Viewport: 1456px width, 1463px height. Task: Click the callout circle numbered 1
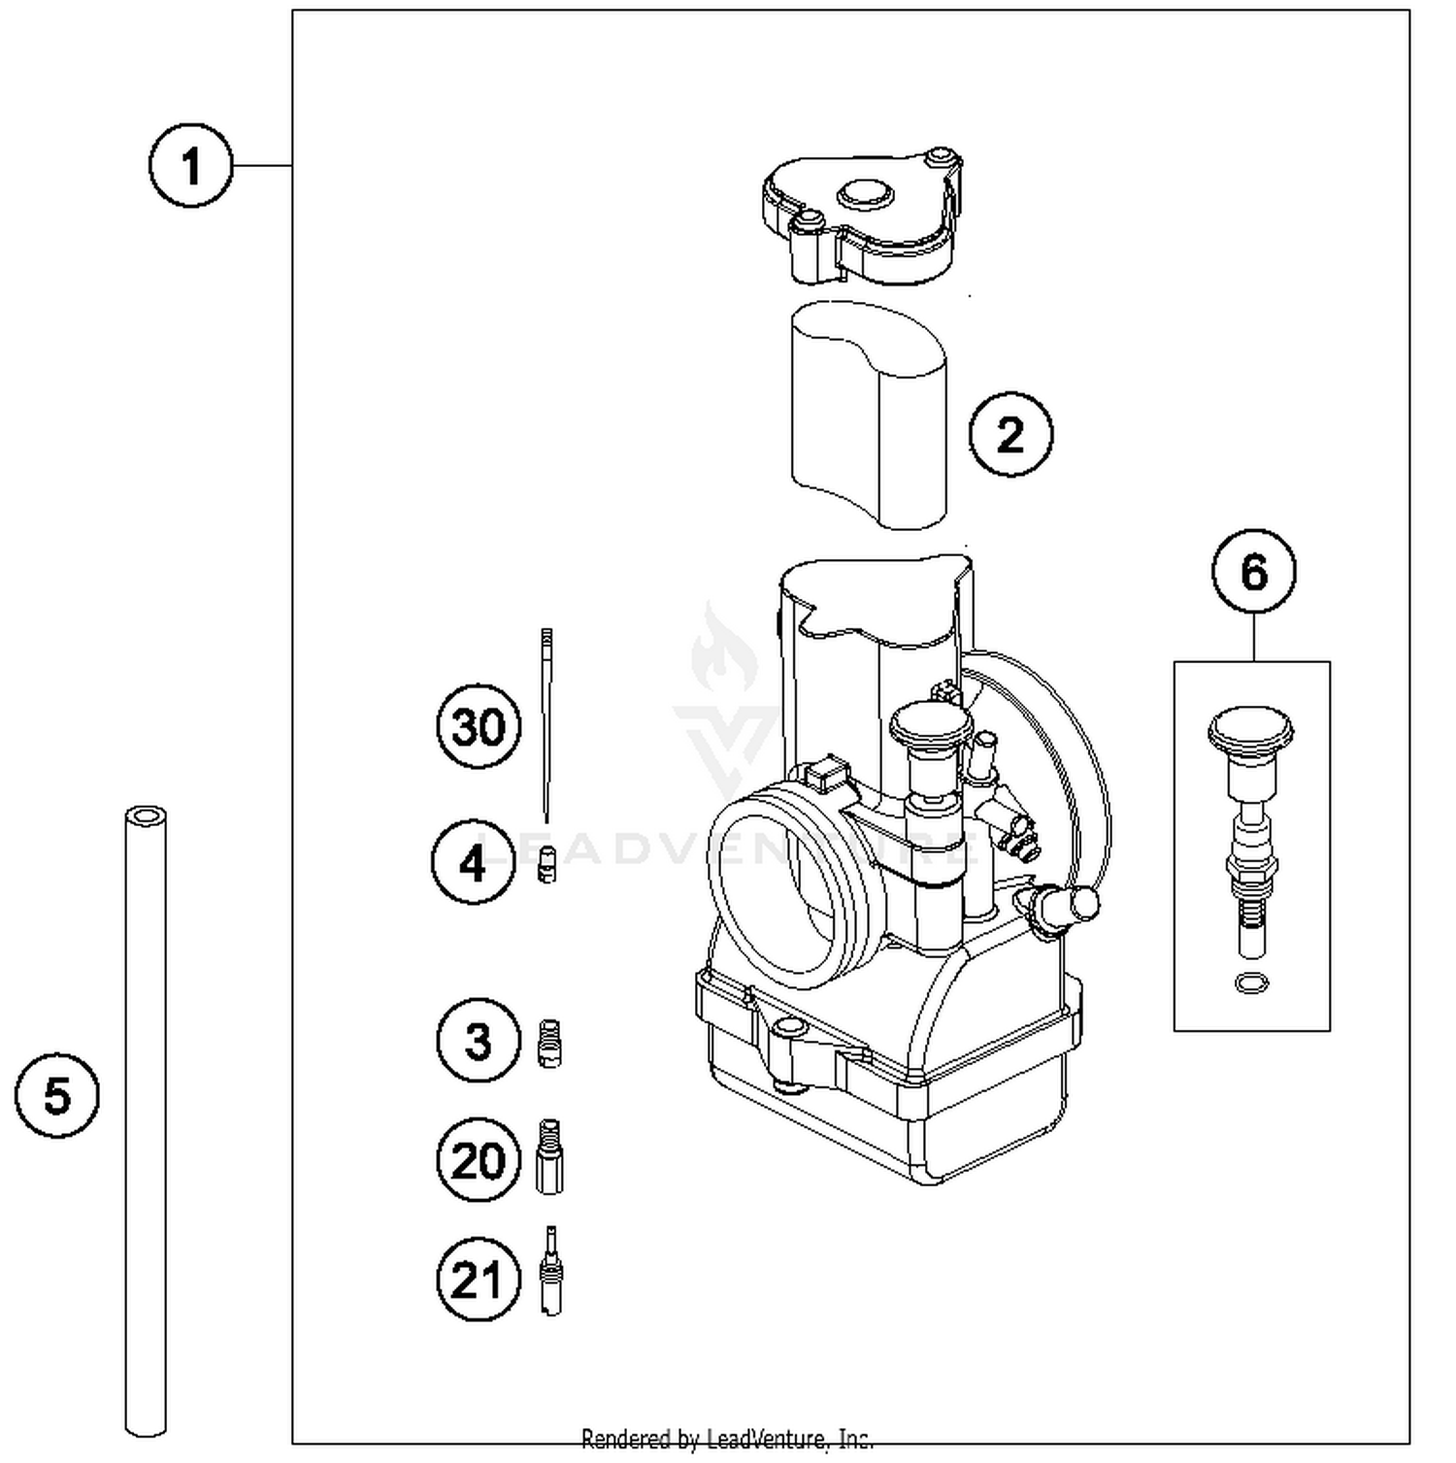[x=191, y=165]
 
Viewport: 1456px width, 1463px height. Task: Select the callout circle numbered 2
[x=1010, y=434]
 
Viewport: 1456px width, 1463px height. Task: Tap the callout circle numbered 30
[x=479, y=726]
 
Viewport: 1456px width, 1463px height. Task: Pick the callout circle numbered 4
[x=473, y=862]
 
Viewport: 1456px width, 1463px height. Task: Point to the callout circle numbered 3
[x=479, y=1041]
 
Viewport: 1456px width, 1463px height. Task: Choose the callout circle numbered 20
[x=479, y=1160]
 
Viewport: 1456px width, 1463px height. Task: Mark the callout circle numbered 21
[x=479, y=1280]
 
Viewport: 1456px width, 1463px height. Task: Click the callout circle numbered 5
[x=57, y=1096]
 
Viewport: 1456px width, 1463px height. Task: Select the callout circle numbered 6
[x=1253, y=572]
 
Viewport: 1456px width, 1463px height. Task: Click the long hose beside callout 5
[x=146, y=1116]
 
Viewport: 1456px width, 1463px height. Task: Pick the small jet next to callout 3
[x=549, y=1044]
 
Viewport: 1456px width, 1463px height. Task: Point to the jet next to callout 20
[x=549, y=1157]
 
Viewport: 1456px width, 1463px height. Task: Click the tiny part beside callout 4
[x=547, y=864]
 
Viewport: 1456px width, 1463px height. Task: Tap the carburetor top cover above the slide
[x=862, y=218]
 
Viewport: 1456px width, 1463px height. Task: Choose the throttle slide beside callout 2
[x=869, y=417]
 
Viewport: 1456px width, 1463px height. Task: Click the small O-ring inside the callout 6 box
[x=1251, y=983]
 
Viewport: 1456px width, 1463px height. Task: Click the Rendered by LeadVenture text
[x=727, y=1439]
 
